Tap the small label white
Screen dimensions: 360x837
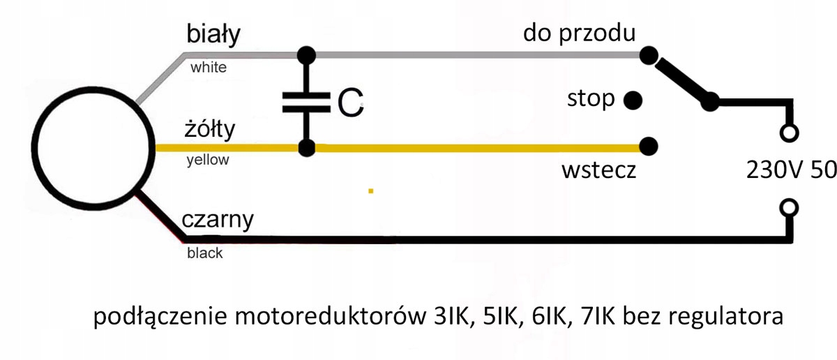tap(209, 68)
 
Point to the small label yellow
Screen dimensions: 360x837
tap(208, 160)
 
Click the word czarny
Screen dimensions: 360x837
tap(217, 220)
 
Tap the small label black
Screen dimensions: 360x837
tap(205, 253)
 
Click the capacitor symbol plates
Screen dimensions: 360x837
tap(305, 102)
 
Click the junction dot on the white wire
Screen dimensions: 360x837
tap(305, 54)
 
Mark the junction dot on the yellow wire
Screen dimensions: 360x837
tap(305, 148)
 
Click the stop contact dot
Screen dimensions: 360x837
tap(633, 100)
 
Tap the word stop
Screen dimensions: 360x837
tap(591, 100)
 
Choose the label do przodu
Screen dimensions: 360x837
tap(579, 33)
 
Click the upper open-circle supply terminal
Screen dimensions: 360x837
tap(790, 132)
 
